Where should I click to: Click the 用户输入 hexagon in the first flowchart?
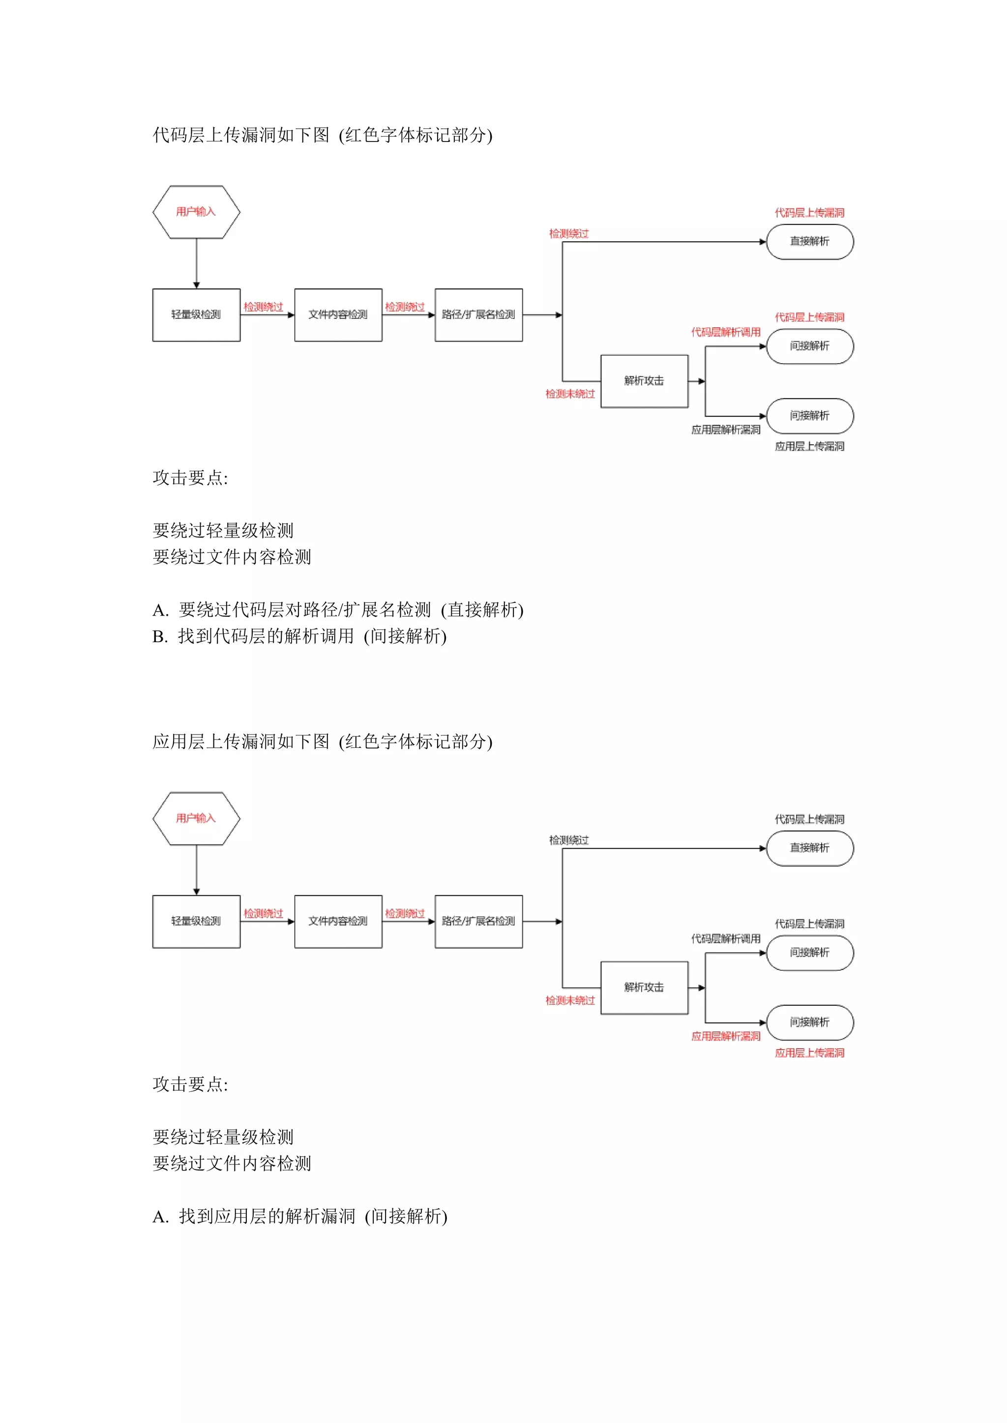(x=196, y=212)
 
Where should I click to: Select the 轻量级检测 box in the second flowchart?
(x=196, y=921)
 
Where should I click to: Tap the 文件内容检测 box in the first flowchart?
(x=338, y=315)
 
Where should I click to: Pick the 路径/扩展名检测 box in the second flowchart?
(x=478, y=921)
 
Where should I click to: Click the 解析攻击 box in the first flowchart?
(x=644, y=381)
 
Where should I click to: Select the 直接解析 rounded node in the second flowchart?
(x=809, y=848)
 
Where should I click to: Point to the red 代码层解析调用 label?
(x=725, y=332)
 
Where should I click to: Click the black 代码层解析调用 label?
(x=725, y=939)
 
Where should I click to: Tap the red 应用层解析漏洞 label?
(x=725, y=1036)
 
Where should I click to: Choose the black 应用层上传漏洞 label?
(x=809, y=446)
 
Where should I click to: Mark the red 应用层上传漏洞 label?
(x=809, y=1053)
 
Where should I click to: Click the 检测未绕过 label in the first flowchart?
(x=570, y=394)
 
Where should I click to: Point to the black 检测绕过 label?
(x=568, y=840)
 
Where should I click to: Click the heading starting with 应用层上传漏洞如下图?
(x=322, y=741)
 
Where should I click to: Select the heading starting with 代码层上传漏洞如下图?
(x=322, y=135)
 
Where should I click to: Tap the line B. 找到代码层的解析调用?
(x=299, y=636)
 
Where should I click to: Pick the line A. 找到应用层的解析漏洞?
(x=299, y=1216)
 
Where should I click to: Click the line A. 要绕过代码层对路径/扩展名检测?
(x=338, y=610)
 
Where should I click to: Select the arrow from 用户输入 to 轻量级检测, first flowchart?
(x=197, y=263)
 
